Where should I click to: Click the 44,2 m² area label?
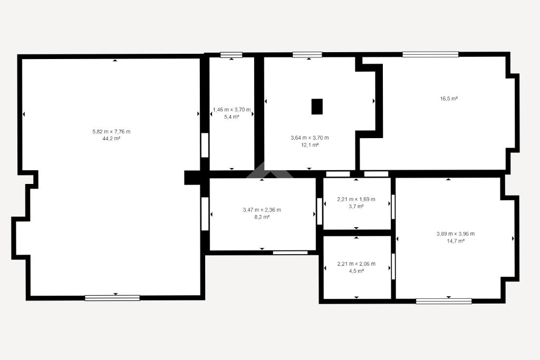coord(111,139)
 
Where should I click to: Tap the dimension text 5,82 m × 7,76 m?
coord(111,131)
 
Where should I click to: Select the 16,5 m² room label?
coord(449,99)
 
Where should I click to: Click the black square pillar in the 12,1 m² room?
coord(317,106)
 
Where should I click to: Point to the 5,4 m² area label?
coord(232,117)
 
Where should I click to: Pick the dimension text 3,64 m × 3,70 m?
coord(310,138)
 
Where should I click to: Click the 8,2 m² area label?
coord(262,217)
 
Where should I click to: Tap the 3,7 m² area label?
coord(356,207)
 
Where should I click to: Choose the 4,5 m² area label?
coord(356,271)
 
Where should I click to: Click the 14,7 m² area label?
coord(456,241)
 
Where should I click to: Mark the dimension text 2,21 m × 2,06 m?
coord(356,264)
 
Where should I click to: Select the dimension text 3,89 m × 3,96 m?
coord(456,233)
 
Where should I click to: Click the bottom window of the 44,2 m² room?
coord(112,298)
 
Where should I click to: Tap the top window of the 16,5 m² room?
coord(430,54)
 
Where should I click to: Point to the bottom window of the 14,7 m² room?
coord(443,301)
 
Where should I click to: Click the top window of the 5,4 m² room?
coord(231,55)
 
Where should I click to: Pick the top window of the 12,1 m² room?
coord(307,54)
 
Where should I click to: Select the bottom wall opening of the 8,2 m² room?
coord(291,252)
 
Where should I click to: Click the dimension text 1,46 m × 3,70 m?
coord(232,110)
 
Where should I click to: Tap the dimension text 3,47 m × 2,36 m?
coord(262,210)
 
